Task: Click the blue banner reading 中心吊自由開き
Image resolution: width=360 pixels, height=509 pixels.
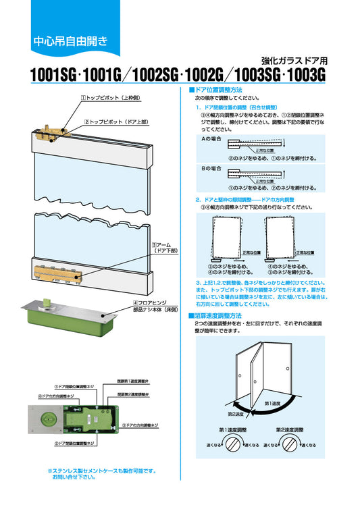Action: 70,41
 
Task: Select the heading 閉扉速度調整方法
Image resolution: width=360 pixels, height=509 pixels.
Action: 215,315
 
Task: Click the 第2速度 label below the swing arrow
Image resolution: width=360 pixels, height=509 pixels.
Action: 236,414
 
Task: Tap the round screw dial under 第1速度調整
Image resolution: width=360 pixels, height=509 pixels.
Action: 233,444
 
